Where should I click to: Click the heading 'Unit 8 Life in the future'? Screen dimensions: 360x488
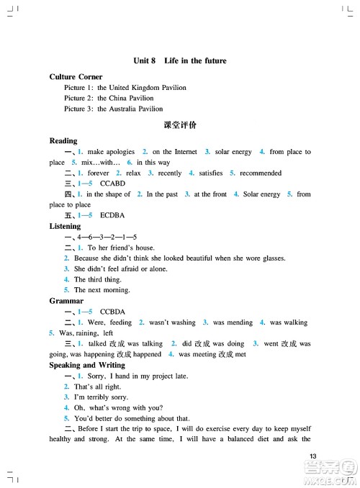point(180,62)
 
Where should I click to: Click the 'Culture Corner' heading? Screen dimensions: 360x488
point(76,76)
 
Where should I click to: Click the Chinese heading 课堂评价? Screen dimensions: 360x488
point(180,125)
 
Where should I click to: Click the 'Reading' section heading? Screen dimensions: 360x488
point(63,141)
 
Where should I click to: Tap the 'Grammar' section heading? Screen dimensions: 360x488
point(66,300)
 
